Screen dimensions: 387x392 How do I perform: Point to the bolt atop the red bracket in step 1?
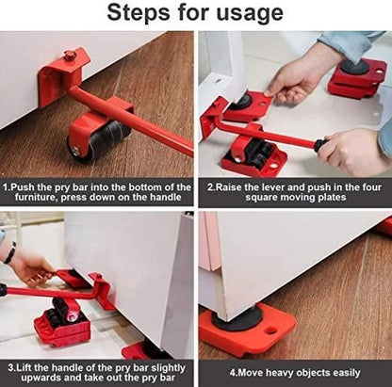pos(69,56)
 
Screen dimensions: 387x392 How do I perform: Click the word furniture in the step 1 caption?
pos(32,199)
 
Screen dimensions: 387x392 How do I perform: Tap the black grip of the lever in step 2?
pos(322,144)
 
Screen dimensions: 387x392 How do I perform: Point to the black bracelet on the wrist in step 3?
pos(10,252)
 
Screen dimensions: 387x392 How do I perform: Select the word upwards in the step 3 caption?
pos(32,377)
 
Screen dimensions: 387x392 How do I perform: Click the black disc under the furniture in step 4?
pos(248,318)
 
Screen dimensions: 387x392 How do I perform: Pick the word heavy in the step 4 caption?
pos(272,372)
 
